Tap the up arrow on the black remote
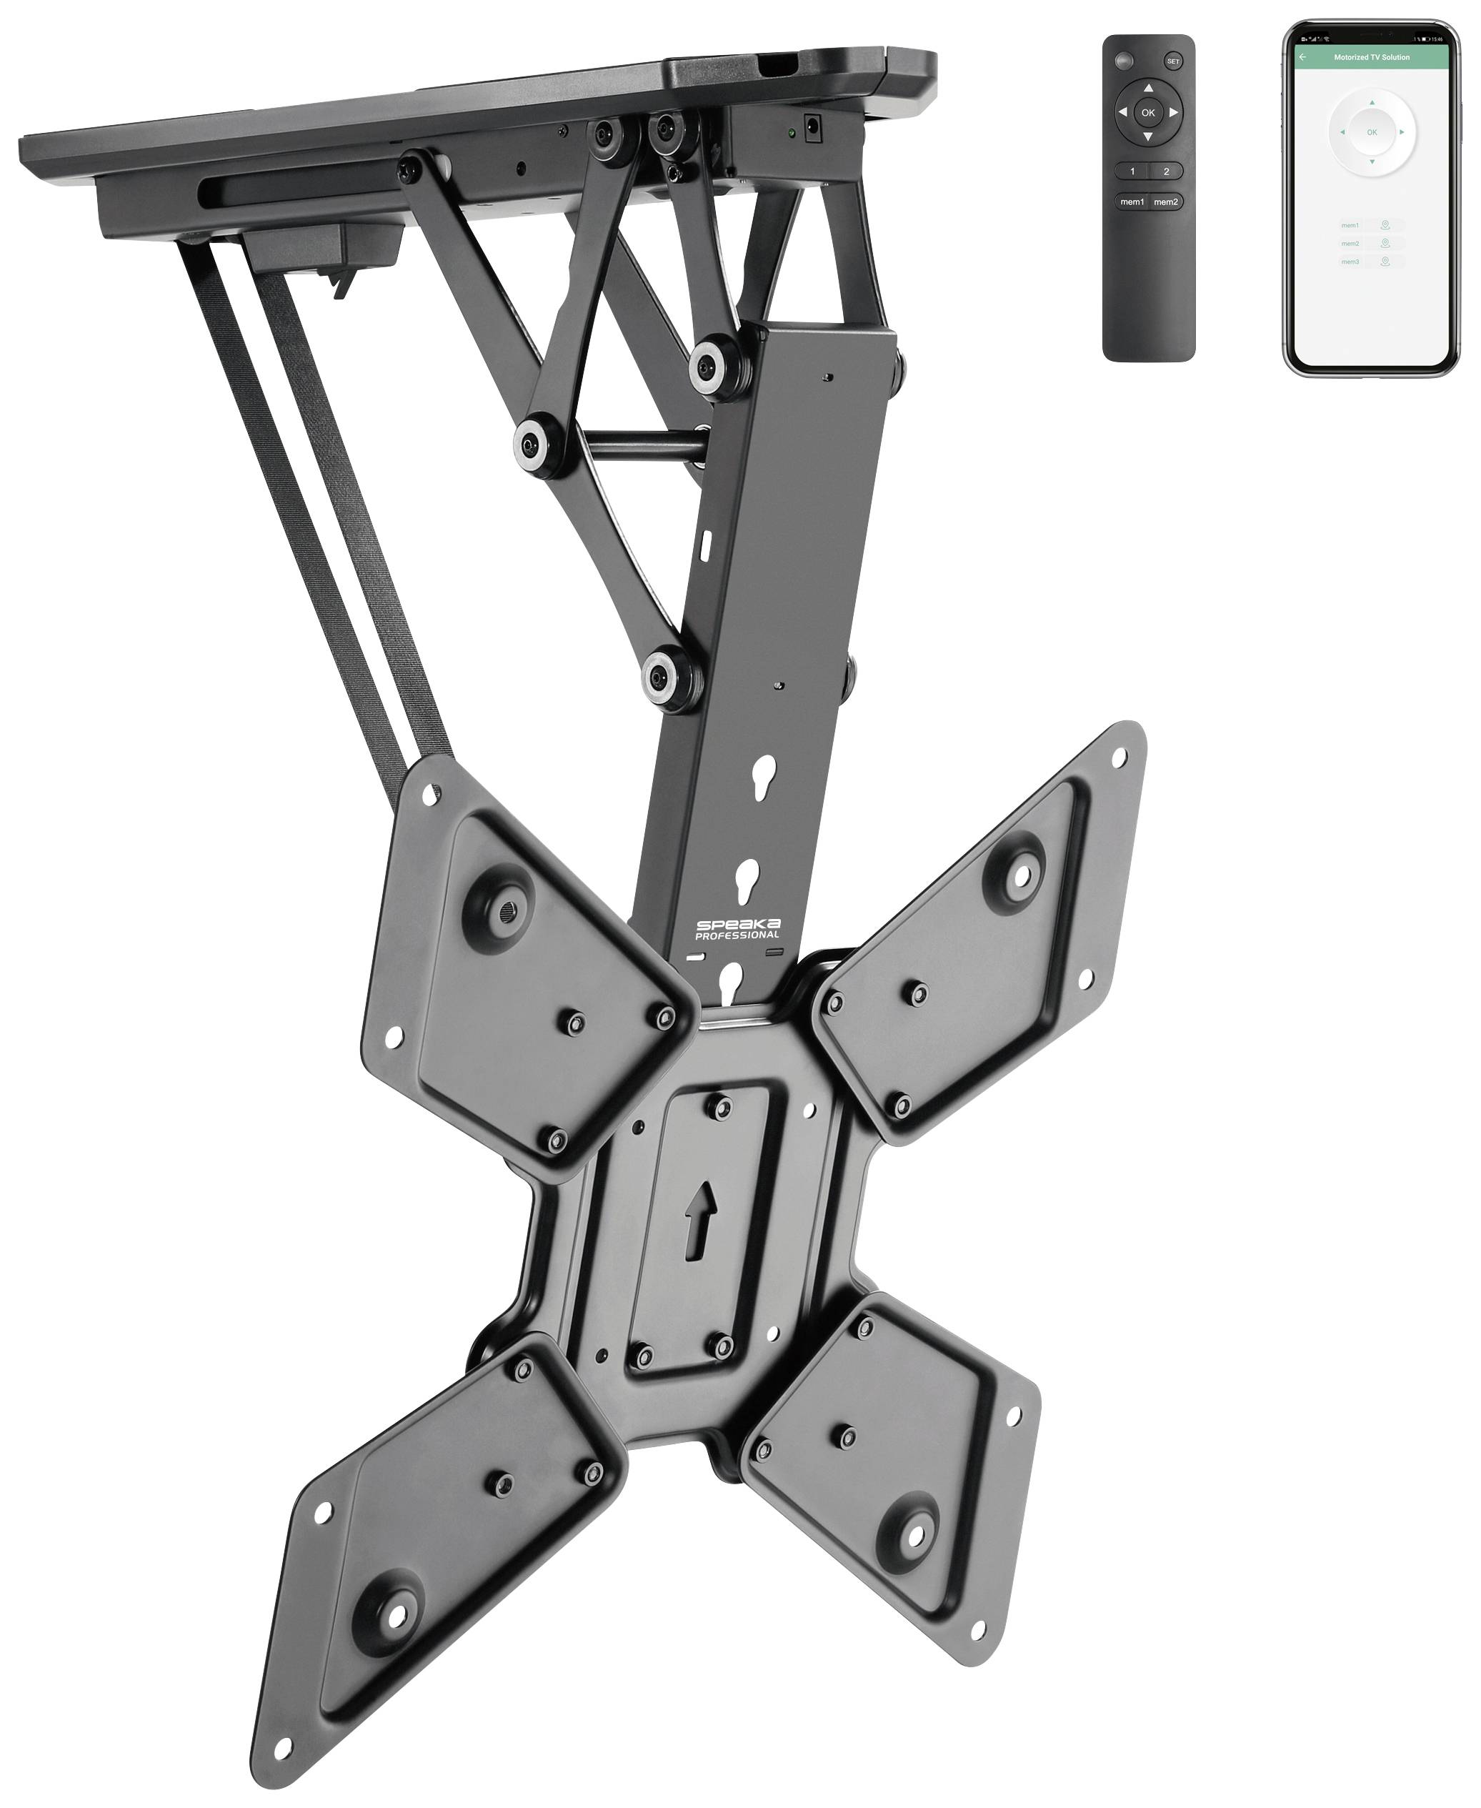coord(1148,88)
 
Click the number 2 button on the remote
coord(1166,172)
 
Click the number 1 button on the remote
coord(1132,172)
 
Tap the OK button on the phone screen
coord(1372,132)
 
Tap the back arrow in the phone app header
coord(1302,57)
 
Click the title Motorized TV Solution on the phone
coord(1371,57)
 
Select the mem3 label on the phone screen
coord(1350,262)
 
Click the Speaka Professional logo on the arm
coord(737,929)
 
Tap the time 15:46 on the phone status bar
coord(1438,39)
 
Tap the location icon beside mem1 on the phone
coord(1385,225)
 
